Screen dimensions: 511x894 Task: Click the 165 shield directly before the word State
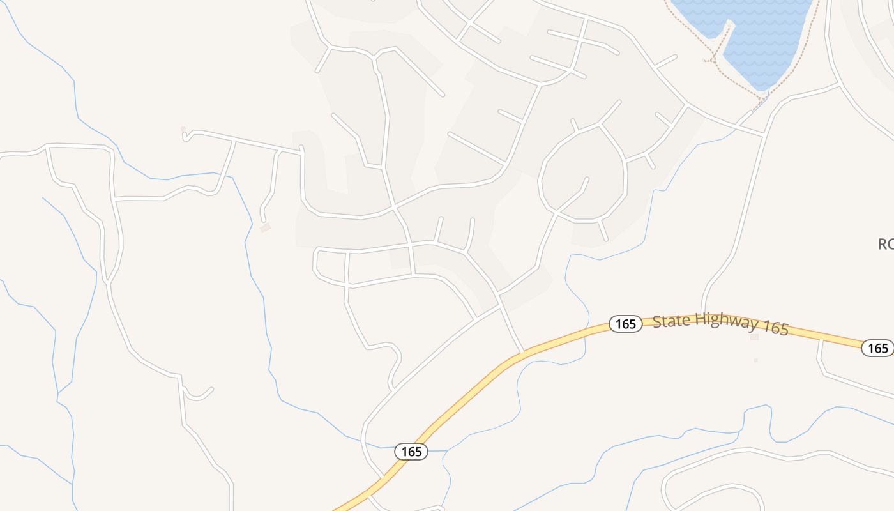pyautogui.click(x=625, y=324)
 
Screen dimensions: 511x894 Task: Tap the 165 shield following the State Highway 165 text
pyautogui.click(x=878, y=347)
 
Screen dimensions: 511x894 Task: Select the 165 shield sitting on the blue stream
pyautogui.click(x=411, y=452)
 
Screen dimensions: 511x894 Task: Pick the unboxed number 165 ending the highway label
pyautogui.click(x=776, y=328)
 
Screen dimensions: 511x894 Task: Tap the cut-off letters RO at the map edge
pyautogui.click(x=886, y=244)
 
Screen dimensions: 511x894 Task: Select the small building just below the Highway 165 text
pyautogui.click(x=754, y=337)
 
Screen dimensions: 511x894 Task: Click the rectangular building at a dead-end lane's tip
pyautogui.click(x=265, y=227)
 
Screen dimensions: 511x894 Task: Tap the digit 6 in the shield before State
pyautogui.click(x=625, y=324)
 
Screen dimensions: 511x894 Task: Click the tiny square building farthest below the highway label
pyautogui.click(x=755, y=360)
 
